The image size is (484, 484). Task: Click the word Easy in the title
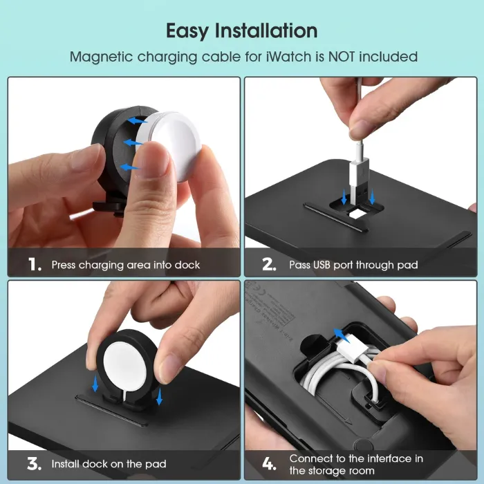pyautogui.click(x=187, y=31)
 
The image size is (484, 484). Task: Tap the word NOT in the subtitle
pyautogui.click(x=342, y=57)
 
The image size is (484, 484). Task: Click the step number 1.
pyautogui.click(x=35, y=265)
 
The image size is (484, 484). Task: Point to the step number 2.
pyautogui.click(x=269, y=265)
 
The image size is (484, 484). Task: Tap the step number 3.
pyautogui.click(x=34, y=464)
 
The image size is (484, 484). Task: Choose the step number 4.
pyautogui.click(x=269, y=464)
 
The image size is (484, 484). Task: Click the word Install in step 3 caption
pyautogui.click(x=65, y=464)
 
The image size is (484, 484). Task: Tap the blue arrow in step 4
pyautogui.click(x=342, y=335)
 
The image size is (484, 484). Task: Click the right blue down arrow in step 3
pyautogui.click(x=159, y=396)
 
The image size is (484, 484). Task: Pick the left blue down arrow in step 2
pyautogui.click(x=344, y=196)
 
